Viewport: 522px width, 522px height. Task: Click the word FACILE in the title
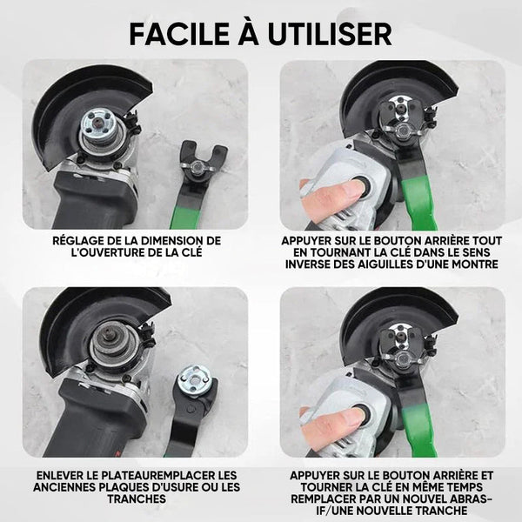(x=179, y=34)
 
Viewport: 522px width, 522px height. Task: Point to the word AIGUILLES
(x=383, y=264)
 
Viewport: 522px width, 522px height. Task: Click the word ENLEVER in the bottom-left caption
(x=58, y=475)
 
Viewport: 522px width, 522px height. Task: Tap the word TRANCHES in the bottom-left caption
(x=137, y=499)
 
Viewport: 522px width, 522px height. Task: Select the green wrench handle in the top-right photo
(x=420, y=202)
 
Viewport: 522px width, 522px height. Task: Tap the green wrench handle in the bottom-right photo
(x=419, y=429)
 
